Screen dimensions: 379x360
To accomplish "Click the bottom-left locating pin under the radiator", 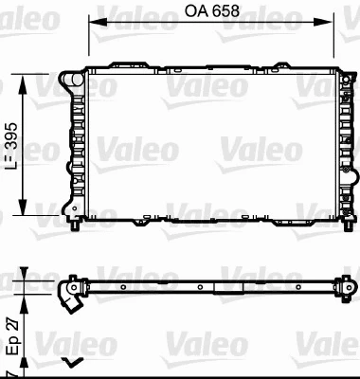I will [76, 230].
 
